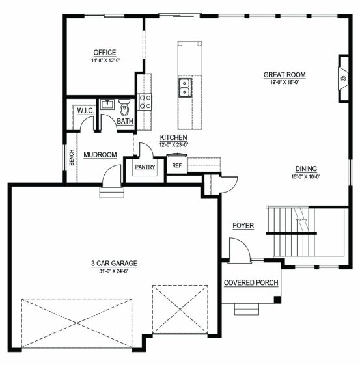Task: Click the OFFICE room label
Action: coord(105,53)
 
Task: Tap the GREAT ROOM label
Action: coord(284,75)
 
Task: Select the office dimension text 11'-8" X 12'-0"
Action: coord(105,61)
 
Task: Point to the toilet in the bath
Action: coord(124,107)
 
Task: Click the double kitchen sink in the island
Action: coord(185,88)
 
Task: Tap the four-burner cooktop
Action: coord(145,101)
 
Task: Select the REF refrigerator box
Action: coord(176,164)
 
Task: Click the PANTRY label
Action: coord(145,167)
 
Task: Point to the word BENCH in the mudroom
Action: coord(72,157)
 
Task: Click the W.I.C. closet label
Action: coord(86,111)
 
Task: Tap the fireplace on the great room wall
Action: coord(344,79)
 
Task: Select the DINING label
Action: coord(306,169)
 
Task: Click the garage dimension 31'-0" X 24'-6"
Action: coord(114,271)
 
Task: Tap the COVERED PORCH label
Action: coord(251,282)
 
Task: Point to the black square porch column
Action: coord(277,299)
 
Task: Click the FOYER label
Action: coord(243,225)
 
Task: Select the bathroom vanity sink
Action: coord(107,104)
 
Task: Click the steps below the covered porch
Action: coord(247,309)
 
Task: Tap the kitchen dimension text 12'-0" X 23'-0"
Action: coord(174,145)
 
